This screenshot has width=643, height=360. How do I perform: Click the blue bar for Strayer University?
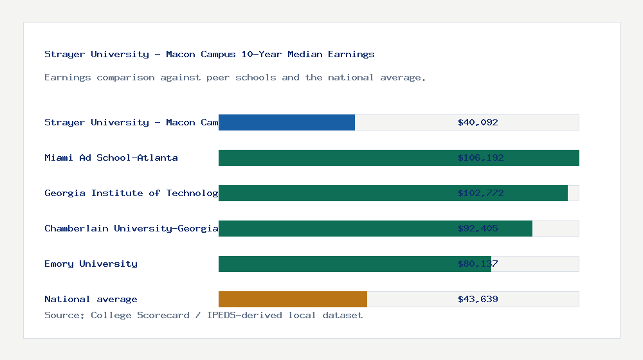(x=287, y=122)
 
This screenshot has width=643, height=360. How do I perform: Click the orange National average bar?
(x=293, y=299)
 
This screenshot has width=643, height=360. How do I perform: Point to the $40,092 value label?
(x=478, y=122)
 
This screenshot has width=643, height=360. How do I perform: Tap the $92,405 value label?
(x=478, y=228)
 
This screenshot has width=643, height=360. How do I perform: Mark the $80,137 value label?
(x=478, y=264)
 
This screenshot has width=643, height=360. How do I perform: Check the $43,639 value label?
(x=478, y=299)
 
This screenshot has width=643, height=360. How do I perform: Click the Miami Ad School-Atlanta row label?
(x=111, y=157)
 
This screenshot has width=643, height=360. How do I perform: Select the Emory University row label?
(x=91, y=264)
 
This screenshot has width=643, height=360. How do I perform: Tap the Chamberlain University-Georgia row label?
(x=131, y=228)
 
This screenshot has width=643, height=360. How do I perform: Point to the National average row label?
(x=91, y=299)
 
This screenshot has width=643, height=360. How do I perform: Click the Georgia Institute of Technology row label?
(x=131, y=193)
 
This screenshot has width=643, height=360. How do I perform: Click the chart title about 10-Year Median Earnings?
(x=210, y=54)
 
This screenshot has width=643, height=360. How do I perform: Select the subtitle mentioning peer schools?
(x=235, y=77)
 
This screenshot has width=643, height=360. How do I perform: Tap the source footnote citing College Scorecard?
(x=203, y=315)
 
